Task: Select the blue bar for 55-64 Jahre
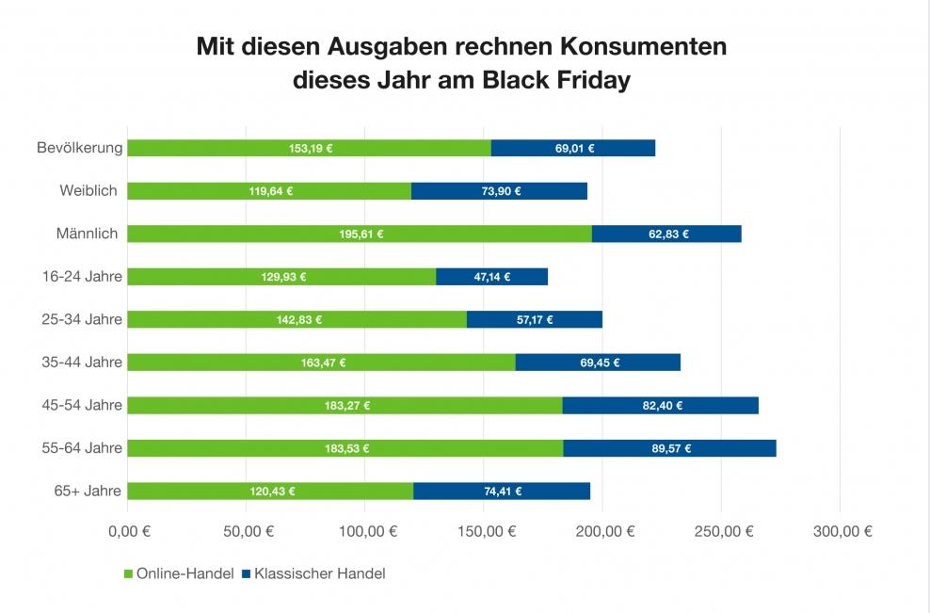click(x=669, y=448)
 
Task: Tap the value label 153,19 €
click(x=311, y=149)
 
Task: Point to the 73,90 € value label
click(x=499, y=191)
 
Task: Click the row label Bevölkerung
click(x=80, y=148)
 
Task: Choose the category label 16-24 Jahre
click(x=83, y=276)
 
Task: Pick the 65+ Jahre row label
click(x=88, y=491)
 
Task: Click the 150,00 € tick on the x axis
click(x=483, y=531)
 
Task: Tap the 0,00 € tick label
click(x=129, y=531)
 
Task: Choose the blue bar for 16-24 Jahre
click(x=491, y=277)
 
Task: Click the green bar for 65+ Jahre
click(x=270, y=491)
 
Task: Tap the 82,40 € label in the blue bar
click(x=661, y=406)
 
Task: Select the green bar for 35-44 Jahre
click(x=321, y=363)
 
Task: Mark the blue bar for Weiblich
click(x=499, y=191)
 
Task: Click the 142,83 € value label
click(x=297, y=320)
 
